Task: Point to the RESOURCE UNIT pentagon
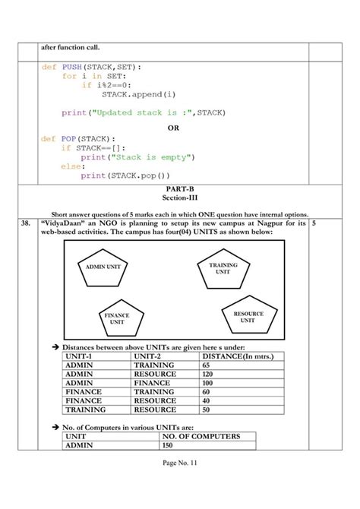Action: coord(248,317)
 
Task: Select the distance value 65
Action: coord(207,365)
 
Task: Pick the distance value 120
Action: coord(208,375)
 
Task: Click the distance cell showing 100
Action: coord(208,383)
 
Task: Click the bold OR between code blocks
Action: coord(173,128)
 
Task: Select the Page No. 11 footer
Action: coord(179,483)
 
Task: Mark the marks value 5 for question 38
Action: coord(314,224)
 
